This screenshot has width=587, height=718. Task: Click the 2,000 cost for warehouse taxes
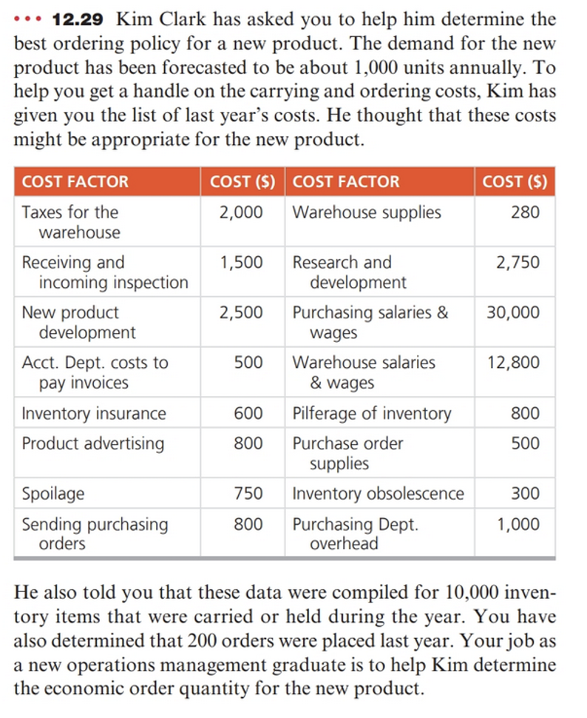pos(240,212)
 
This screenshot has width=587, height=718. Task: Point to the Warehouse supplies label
pos(367,212)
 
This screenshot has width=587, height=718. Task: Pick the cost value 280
pos(525,212)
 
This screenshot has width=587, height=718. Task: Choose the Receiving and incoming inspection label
pos(105,272)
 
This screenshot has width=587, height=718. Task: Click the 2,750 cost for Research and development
pos(518,263)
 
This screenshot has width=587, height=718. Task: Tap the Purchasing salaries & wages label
pos(370,322)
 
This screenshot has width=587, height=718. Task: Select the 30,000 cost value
pos(513,312)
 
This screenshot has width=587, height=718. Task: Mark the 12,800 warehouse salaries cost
pos(513,363)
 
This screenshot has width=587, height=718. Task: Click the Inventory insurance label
pos(94,414)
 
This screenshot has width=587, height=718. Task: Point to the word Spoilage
pos(53,494)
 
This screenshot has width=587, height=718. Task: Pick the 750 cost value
pos(248,494)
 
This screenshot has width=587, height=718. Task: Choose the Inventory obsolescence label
pos(379,494)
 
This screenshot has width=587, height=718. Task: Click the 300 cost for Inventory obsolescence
pos(525,494)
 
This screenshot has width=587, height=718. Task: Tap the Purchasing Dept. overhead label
pos(355,534)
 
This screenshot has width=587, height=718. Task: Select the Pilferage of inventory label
pos(372,414)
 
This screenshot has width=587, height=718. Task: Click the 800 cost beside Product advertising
pos(248,443)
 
